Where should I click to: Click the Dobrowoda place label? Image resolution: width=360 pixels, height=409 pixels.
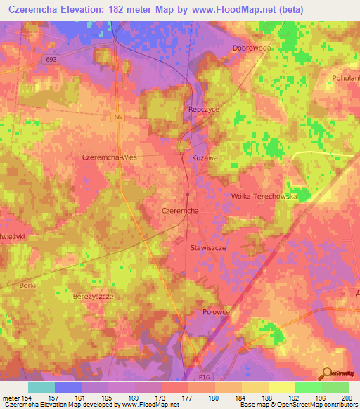pyautogui.click(x=252, y=48)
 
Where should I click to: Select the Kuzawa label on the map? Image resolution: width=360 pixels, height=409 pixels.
pyautogui.click(x=204, y=159)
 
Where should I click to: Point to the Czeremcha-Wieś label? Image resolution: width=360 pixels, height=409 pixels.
pyautogui.click(x=109, y=157)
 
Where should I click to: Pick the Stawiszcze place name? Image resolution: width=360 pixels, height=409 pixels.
pyautogui.click(x=208, y=248)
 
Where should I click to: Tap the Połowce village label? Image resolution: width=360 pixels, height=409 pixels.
pyautogui.click(x=217, y=311)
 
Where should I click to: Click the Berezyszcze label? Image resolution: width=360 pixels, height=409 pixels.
pyautogui.click(x=94, y=297)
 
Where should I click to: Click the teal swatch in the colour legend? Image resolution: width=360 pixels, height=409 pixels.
pyautogui.click(x=41, y=387)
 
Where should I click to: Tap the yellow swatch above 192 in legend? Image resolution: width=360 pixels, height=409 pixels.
pyautogui.click(x=281, y=387)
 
